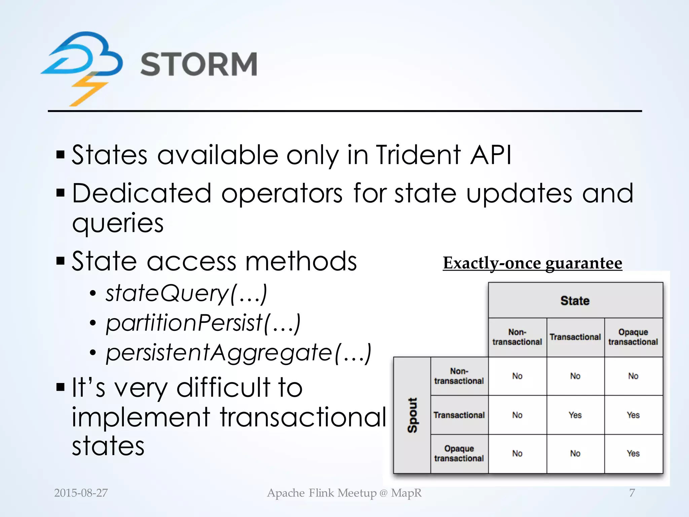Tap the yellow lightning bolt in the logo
[88, 90]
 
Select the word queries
[118, 223]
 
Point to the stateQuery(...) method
[186, 293]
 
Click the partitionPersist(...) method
[203, 322]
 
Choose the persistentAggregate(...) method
[238, 352]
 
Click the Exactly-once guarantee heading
[532, 263]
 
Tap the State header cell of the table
[575, 301]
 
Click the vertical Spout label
[412, 415]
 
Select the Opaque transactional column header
[633, 337]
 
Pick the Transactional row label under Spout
[459, 415]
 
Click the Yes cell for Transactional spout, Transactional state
[575, 415]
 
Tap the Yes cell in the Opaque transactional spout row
[633, 453]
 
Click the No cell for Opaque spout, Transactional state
[575, 453]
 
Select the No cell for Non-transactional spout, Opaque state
[633, 376]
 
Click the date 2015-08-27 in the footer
[81, 493]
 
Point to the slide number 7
[632, 493]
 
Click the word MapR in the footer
[406, 493]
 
